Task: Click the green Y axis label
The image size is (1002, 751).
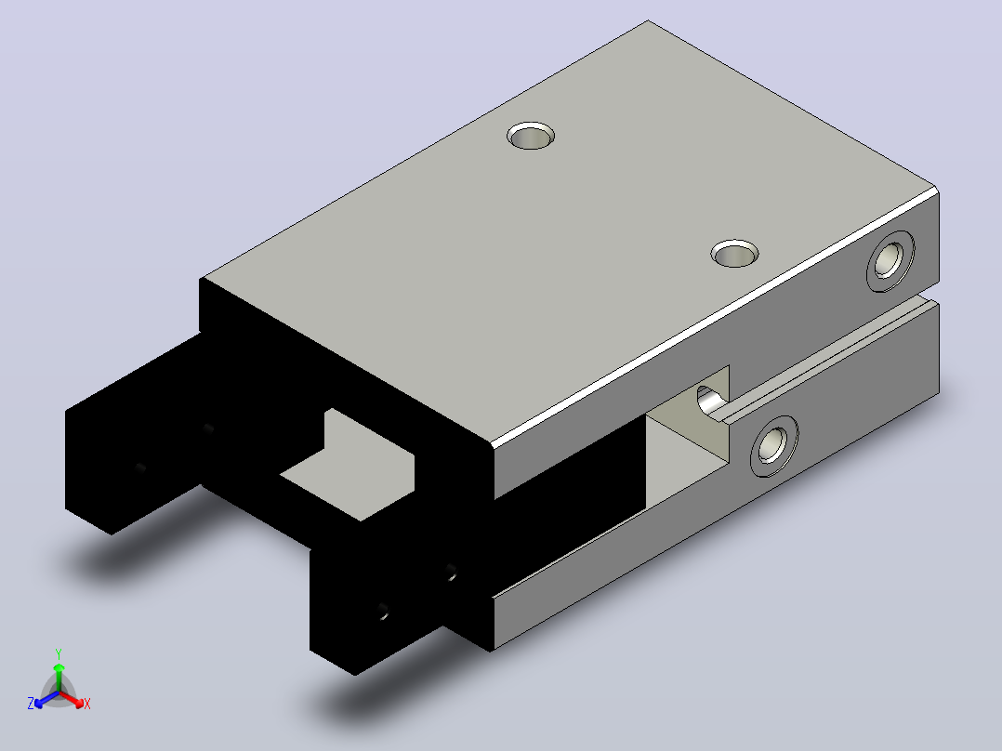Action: click(x=59, y=653)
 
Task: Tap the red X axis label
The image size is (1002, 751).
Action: click(x=87, y=704)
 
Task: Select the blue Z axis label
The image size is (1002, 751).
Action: click(x=31, y=703)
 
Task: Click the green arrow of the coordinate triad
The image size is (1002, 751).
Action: click(x=59, y=678)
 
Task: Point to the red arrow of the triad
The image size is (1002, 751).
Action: click(x=72, y=699)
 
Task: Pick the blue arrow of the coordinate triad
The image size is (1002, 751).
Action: click(x=46, y=699)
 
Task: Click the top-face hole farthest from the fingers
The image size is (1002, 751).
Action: click(x=531, y=136)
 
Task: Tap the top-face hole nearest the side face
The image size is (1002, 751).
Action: click(x=735, y=253)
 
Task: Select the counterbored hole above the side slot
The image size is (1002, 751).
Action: click(x=890, y=261)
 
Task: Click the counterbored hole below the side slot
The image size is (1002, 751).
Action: click(x=774, y=445)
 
